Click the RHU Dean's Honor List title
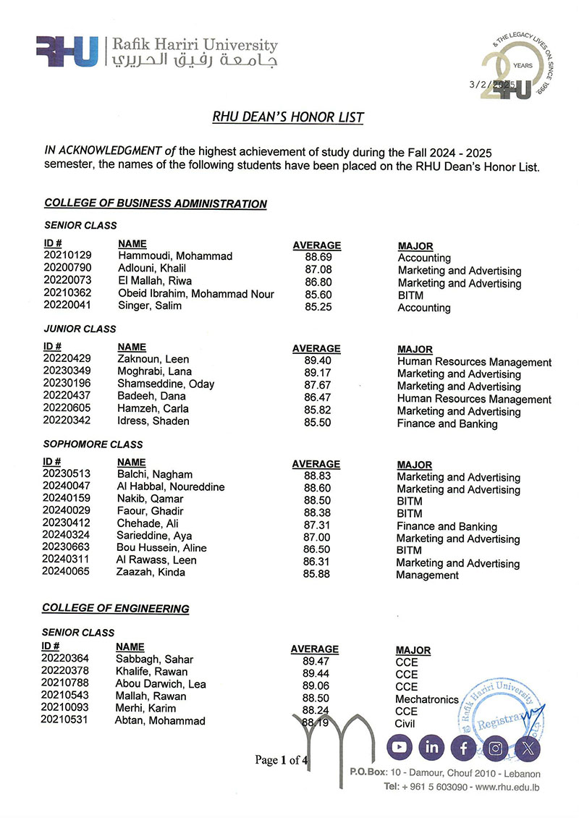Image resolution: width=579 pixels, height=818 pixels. pos(288,117)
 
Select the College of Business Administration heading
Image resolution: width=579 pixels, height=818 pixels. pos(156,204)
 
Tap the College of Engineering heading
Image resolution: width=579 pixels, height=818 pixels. pos(116,609)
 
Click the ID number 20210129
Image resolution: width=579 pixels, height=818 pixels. pos(68,256)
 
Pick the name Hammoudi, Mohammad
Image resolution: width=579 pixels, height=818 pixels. pos(174,256)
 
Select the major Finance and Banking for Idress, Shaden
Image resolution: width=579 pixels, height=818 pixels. pos(447,424)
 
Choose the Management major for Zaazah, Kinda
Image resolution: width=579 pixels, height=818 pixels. pos(427,575)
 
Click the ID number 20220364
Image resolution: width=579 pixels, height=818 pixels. pos(66,659)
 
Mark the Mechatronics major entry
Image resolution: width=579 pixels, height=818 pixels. pos(426,699)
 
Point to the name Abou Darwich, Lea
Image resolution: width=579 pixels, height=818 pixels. pos(161,684)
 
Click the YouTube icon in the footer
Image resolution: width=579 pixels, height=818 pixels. pos(400,747)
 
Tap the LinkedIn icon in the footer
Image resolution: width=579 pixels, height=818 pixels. pos(431,747)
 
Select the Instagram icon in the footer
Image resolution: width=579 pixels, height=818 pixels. pos(496,748)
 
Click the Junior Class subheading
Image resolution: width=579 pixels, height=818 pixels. pos(80,329)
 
